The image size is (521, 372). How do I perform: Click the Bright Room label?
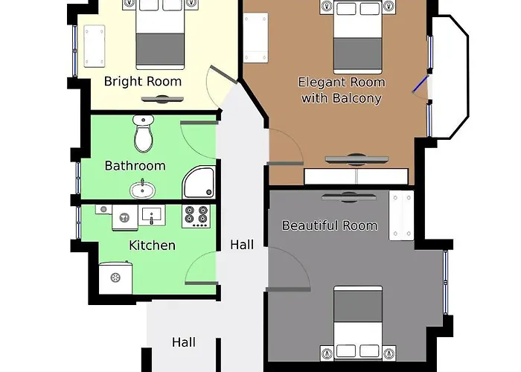point(142,81)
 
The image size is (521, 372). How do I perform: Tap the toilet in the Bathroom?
point(143,134)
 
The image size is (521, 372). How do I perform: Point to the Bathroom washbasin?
point(141,190)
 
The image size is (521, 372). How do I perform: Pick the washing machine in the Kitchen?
point(116,277)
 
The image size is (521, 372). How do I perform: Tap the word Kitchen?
point(152,245)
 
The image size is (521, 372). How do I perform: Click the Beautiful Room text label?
point(329,225)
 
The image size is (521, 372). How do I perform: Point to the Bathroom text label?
point(135,165)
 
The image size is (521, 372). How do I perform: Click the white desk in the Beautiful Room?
point(400,215)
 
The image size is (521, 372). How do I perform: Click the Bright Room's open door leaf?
point(222,75)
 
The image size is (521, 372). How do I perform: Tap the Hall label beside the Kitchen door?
point(242,244)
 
